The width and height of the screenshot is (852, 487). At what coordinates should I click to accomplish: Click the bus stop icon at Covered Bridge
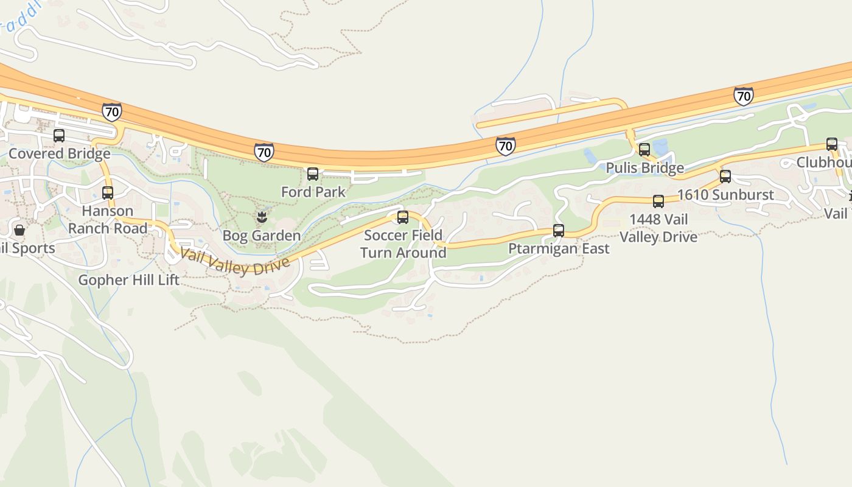click(x=59, y=136)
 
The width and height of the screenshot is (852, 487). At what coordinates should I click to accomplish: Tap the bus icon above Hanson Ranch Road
click(x=108, y=193)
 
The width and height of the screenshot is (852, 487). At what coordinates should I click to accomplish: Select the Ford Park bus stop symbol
click(x=313, y=174)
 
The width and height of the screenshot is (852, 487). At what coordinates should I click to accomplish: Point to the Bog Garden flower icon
click(x=262, y=217)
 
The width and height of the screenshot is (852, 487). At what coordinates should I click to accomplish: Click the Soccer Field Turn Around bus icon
click(x=403, y=217)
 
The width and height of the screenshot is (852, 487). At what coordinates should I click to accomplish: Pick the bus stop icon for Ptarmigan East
click(x=559, y=231)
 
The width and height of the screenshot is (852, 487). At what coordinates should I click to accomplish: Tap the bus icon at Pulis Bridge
click(x=644, y=149)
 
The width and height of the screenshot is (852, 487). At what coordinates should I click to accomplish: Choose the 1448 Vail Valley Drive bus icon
click(x=658, y=201)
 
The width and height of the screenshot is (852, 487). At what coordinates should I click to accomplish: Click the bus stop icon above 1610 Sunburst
click(x=725, y=177)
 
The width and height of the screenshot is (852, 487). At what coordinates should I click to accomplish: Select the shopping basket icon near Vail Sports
click(x=19, y=230)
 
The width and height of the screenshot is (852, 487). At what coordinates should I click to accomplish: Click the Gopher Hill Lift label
click(x=129, y=280)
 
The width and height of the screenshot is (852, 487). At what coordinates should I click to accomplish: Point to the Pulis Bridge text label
click(x=645, y=167)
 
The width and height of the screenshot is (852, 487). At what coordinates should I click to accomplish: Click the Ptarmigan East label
click(x=559, y=248)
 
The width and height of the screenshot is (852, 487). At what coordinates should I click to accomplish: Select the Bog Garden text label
click(x=262, y=235)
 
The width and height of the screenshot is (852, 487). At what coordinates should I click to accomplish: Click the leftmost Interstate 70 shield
click(x=111, y=112)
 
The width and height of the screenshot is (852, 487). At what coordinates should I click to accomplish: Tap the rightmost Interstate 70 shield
click(x=743, y=96)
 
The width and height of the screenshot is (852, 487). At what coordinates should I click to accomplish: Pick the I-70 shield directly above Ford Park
click(x=264, y=152)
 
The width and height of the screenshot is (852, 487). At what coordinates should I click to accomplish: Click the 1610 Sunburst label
click(x=725, y=195)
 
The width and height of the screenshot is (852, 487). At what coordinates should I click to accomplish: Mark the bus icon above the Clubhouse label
click(x=832, y=144)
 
